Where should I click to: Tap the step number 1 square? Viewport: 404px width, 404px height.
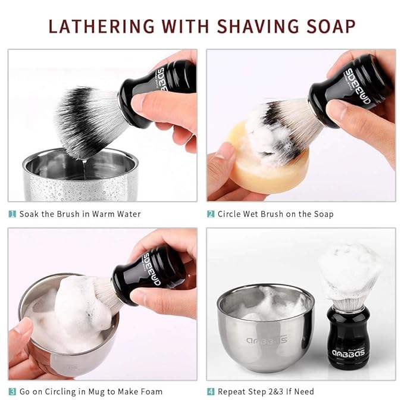12,214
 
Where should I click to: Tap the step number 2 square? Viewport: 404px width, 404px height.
211,214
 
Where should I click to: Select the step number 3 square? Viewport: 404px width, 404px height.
12,392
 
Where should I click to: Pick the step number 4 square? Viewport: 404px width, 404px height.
211,392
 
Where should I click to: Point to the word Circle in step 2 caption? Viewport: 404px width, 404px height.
230,214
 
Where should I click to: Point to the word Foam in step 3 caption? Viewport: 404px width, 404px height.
151,392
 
